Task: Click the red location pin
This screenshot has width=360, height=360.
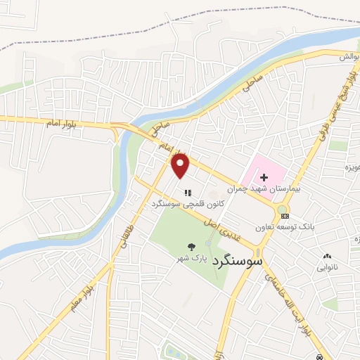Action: pyautogui.click(x=181, y=166)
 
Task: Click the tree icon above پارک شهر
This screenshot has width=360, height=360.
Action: pyautogui.click(x=191, y=247)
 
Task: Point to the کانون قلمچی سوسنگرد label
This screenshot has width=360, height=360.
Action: pyautogui.click(x=186, y=204)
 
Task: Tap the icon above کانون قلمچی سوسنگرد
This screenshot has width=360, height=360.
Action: pyautogui.click(x=186, y=192)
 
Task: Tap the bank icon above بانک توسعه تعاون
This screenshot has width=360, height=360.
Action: pyautogui.click(x=284, y=216)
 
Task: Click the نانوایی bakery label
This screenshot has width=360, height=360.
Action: pyautogui.click(x=326, y=267)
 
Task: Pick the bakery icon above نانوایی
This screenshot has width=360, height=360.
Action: pyautogui.click(x=326, y=256)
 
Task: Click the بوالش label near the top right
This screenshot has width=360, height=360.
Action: pyautogui.click(x=351, y=56)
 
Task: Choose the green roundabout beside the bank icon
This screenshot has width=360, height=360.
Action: pyautogui.click(x=283, y=208)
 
